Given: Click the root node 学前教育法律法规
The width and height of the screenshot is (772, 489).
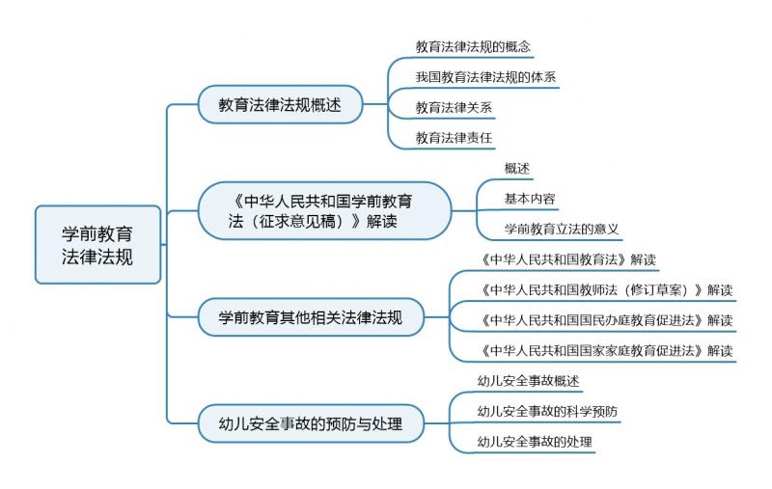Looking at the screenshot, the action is tap(98, 245).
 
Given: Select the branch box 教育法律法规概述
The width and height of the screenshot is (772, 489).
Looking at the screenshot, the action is tap(280, 104).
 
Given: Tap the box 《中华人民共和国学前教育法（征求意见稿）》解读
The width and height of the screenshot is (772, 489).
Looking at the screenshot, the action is tap(325, 211).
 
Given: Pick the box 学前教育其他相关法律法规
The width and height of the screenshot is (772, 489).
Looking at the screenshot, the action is tap(311, 317).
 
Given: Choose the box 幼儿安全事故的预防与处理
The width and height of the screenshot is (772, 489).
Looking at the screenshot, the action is tap(311, 423).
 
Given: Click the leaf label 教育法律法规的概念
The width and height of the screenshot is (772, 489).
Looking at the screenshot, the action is tap(473, 46).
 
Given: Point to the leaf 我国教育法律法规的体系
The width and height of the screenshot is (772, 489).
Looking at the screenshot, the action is tap(485, 77).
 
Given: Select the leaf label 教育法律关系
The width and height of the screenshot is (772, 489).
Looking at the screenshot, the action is tap(454, 107).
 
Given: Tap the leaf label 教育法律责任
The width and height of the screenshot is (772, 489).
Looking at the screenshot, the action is tap(454, 138).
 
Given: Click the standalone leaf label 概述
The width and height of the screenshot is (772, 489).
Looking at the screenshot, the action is tap(517, 168).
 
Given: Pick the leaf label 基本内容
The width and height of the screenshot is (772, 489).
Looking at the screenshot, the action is tap(530, 199).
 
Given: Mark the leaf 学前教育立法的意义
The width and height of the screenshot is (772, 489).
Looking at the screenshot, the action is tap(562, 229).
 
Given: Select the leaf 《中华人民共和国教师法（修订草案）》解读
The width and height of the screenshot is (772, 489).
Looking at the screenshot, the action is tap(606, 289).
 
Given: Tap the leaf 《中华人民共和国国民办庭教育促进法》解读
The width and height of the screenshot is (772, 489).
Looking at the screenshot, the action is tap(606, 320).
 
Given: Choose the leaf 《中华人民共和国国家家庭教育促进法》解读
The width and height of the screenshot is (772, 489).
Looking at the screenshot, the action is tap(606, 351).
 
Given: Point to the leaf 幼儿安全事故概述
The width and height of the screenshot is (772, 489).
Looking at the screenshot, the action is tap(528, 381).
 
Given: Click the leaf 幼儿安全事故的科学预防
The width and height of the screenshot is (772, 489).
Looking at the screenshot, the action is tap(547, 411).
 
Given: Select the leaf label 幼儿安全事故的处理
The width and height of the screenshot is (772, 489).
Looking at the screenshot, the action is tap(535, 442).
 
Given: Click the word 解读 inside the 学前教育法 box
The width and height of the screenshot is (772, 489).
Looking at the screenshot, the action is tap(381, 222).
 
